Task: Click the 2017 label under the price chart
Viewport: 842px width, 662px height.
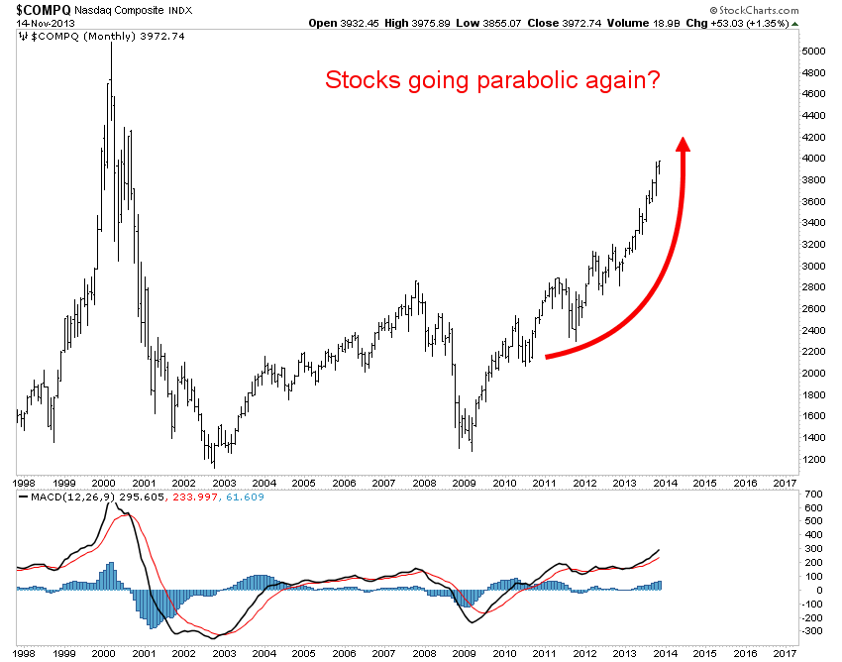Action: (786, 483)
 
